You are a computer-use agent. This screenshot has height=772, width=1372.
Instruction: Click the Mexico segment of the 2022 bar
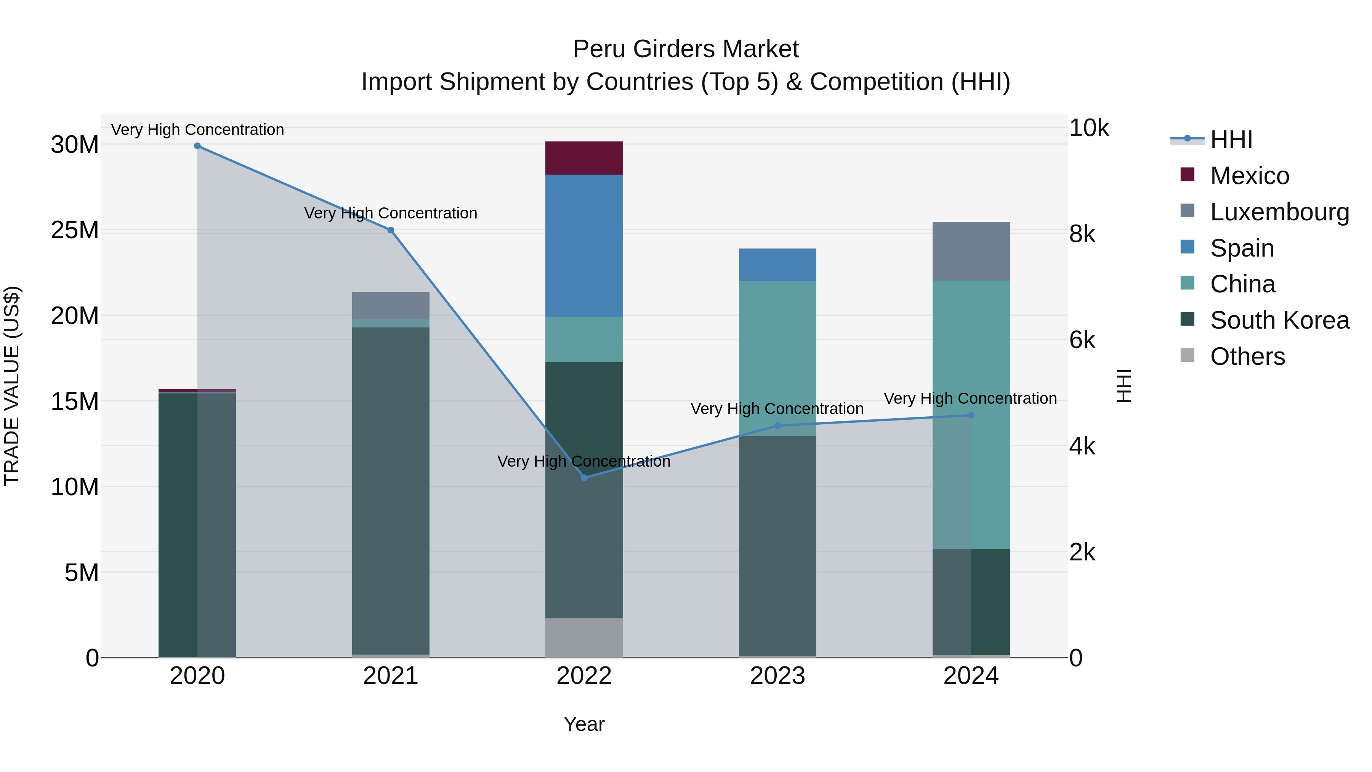click(584, 158)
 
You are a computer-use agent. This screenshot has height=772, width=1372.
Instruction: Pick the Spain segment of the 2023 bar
click(777, 265)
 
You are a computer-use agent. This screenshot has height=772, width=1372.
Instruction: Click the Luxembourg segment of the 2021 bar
click(390, 305)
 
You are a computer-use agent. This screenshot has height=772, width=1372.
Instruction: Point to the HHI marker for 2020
click(197, 146)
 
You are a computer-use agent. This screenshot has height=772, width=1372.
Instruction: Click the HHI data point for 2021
click(390, 230)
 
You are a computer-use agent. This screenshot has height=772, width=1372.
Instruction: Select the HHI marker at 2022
click(584, 478)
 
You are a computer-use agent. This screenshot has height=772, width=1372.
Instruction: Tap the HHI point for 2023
click(777, 426)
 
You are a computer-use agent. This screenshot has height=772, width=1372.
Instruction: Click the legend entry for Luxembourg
click(1279, 212)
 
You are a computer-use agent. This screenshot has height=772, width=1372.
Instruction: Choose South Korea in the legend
click(1279, 320)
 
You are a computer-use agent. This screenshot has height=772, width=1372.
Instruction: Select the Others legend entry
click(1247, 356)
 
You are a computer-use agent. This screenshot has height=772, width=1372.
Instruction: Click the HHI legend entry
click(1231, 140)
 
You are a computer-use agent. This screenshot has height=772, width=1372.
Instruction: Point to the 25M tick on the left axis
click(75, 230)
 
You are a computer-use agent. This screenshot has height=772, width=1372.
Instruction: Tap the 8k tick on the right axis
click(1082, 234)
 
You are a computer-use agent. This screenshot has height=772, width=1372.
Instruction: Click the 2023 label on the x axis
click(777, 676)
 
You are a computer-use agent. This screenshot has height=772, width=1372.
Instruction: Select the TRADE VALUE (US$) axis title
click(12, 386)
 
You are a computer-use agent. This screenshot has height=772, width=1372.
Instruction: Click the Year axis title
click(584, 724)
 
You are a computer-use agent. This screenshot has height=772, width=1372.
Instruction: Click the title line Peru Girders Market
click(686, 49)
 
